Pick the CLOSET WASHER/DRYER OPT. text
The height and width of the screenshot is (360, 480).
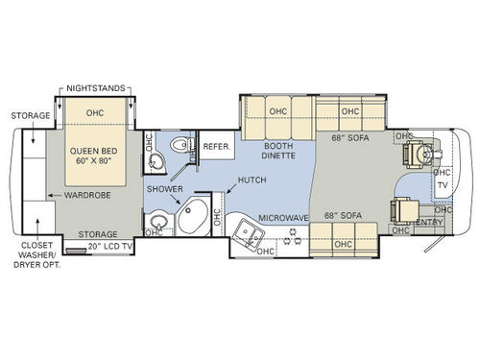[x=39, y=256]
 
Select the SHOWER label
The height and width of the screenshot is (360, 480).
[x=164, y=189]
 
